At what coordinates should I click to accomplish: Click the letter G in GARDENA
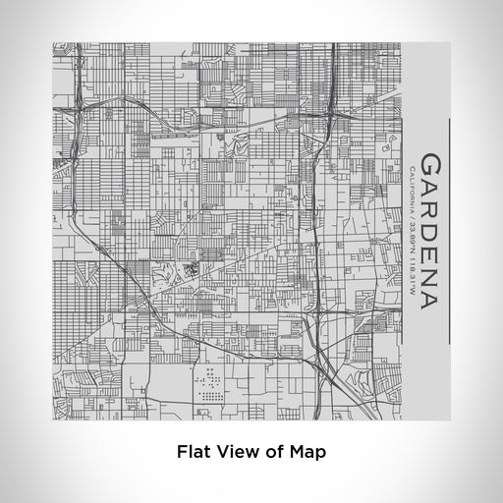click(x=429, y=163)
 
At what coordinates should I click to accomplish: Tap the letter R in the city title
click(x=429, y=206)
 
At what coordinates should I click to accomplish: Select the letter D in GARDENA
click(x=429, y=229)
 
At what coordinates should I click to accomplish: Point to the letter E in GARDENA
click(x=429, y=251)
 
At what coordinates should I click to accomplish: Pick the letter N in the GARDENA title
click(x=429, y=273)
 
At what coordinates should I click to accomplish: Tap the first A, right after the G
click(x=429, y=185)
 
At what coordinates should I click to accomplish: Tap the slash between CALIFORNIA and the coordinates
click(x=409, y=218)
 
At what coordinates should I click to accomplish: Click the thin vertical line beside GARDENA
click(x=449, y=232)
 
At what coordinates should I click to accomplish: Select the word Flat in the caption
click(x=194, y=453)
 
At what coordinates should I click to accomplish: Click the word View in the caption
click(x=236, y=453)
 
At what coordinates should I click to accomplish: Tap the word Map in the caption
click(x=305, y=453)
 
